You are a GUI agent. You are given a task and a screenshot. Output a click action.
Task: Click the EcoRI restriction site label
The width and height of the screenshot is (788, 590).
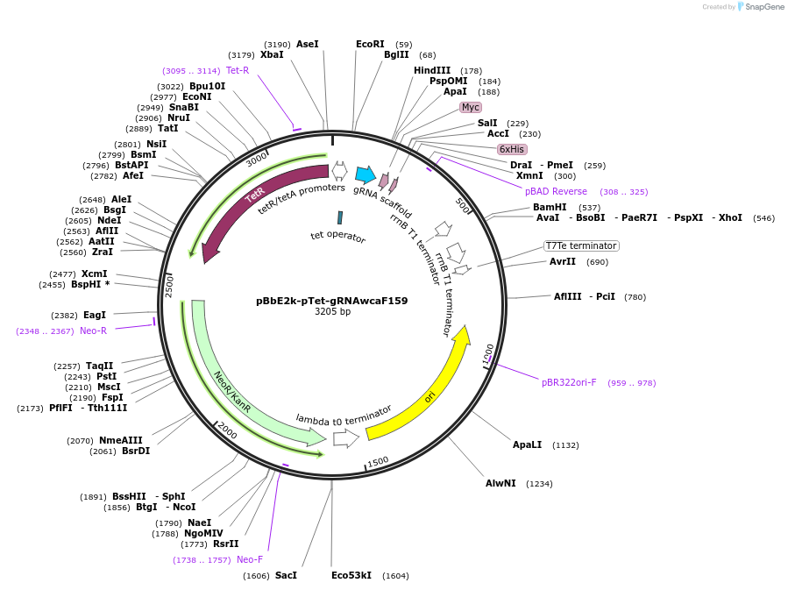(370, 44)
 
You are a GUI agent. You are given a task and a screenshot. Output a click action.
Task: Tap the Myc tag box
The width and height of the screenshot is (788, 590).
(471, 107)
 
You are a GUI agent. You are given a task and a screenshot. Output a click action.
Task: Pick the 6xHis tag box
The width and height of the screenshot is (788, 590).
(511, 149)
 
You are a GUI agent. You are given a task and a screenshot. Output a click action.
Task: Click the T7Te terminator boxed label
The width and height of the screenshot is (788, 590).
(581, 245)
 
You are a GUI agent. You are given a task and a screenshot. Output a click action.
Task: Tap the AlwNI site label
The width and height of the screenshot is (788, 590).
(500, 483)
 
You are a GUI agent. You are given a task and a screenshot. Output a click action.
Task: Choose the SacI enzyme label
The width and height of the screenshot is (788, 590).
(286, 575)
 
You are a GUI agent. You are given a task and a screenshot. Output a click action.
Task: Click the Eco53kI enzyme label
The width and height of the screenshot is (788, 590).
(351, 575)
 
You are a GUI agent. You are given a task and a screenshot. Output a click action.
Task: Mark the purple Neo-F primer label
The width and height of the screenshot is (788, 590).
(249, 559)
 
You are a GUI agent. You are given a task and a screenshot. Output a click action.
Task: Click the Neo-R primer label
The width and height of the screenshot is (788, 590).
(93, 331)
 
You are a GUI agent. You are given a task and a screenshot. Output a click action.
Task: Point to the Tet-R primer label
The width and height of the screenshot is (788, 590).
(238, 70)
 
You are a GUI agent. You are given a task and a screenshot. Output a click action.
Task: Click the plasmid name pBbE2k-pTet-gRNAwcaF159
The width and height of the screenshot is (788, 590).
(331, 300)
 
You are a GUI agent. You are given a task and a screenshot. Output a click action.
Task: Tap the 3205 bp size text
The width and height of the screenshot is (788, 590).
(332, 311)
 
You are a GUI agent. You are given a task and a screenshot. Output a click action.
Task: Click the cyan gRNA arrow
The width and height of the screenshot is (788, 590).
(366, 174)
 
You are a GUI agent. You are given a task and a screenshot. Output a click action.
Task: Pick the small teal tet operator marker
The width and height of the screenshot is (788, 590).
(339, 217)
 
